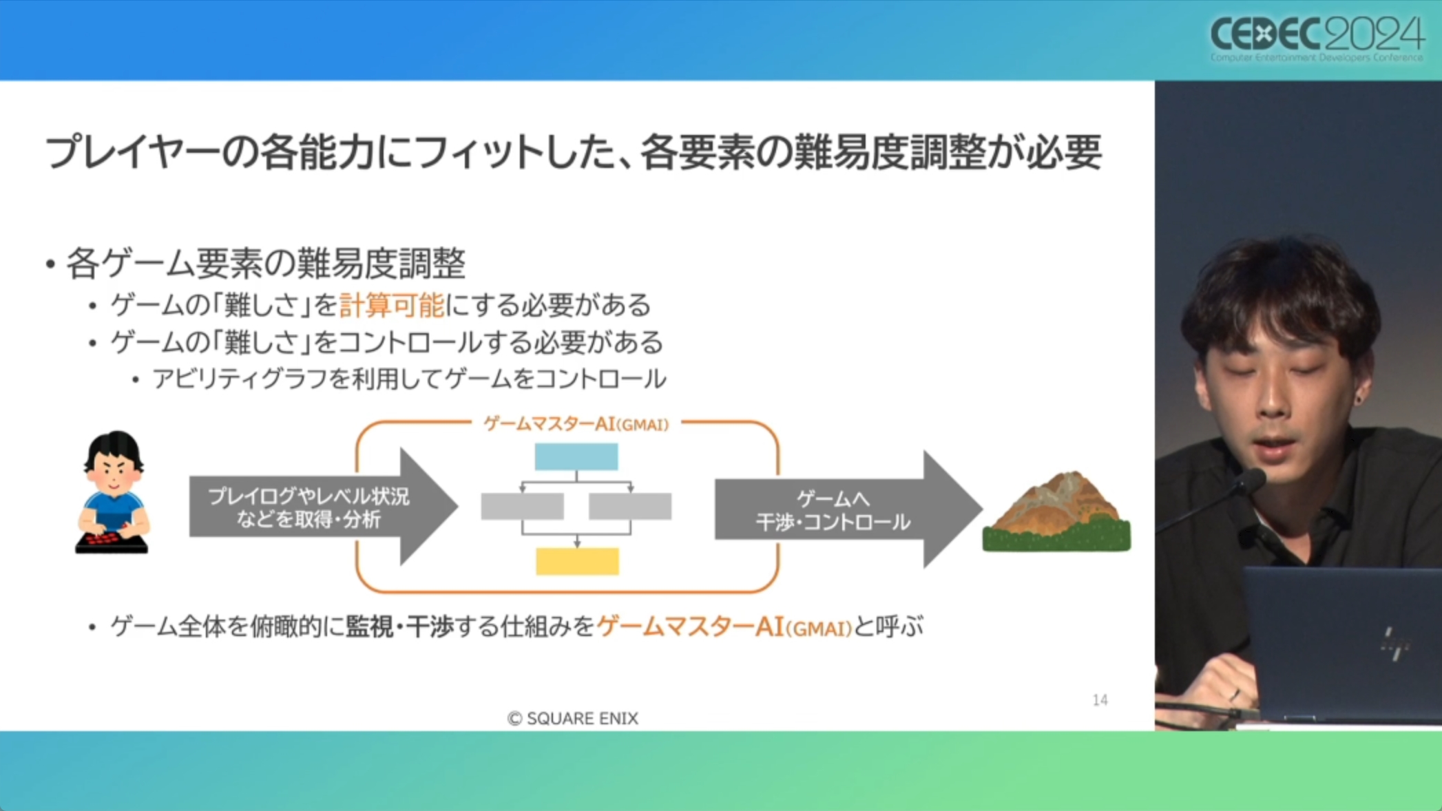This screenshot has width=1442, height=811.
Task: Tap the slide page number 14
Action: [1100, 700]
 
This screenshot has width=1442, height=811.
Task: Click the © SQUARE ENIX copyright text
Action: [573, 718]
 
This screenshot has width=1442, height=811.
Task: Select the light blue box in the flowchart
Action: [576, 456]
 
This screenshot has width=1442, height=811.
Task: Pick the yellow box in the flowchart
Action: [577, 561]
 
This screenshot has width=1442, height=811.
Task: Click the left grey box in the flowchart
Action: [522, 506]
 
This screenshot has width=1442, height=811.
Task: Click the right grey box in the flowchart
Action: [630, 506]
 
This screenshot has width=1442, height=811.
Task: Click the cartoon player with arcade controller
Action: [113, 492]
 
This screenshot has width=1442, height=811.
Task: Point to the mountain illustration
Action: [1056, 512]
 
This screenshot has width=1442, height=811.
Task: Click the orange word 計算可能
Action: [392, 305]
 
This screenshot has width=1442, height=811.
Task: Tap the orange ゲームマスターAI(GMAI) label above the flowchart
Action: [576, 424]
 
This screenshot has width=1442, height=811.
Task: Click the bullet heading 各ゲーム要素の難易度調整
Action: [266, 264]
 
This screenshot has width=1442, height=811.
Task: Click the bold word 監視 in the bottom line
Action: [370, 626]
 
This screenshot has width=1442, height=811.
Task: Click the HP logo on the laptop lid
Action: [1394, 643]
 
